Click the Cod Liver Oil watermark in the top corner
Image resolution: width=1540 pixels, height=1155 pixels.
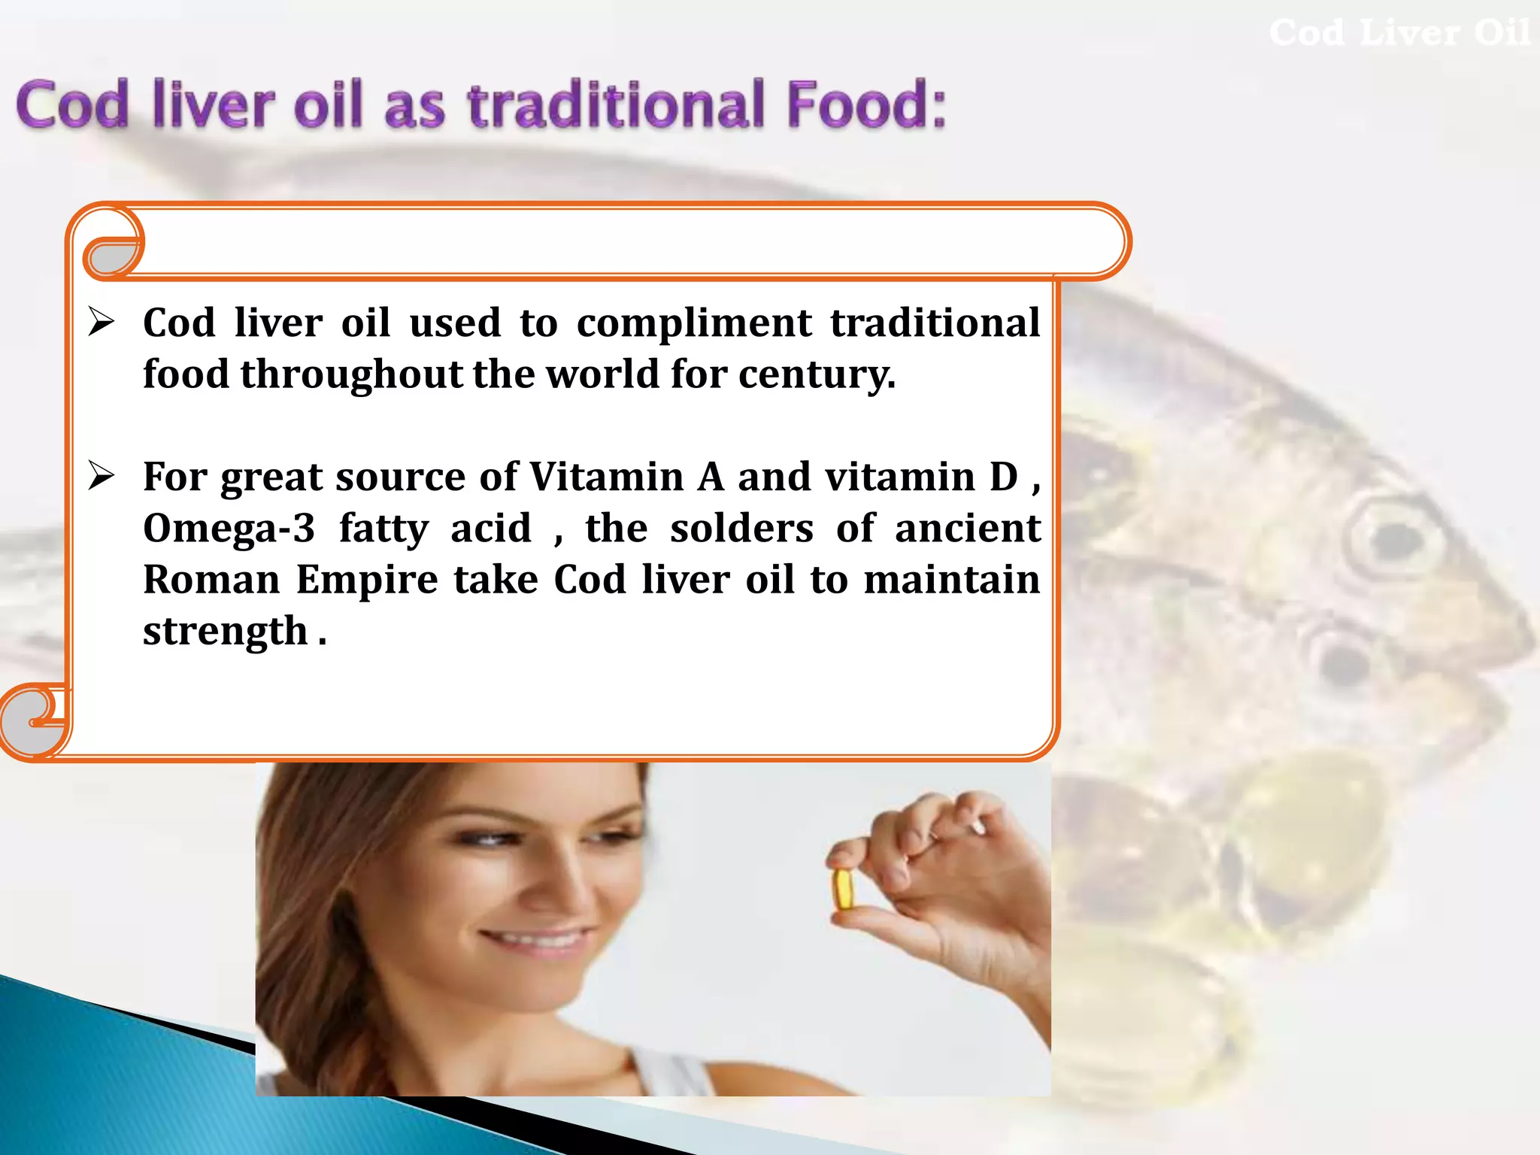tap(1399, 33)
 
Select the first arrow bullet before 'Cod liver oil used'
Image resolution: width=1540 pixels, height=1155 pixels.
tap(101, 322)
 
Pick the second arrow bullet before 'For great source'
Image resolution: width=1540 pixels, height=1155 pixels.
tap(101, 476)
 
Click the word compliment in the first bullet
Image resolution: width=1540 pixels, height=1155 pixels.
tap(694, 323)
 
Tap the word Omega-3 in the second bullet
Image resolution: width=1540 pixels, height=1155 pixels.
tap(229, 528)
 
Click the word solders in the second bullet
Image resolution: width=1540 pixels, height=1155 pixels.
tap(741, 528)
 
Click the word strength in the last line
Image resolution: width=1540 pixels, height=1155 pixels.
tap(225, 632)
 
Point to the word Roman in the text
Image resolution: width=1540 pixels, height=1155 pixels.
tap(211, 580)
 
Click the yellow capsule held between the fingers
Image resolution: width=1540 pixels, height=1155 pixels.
tap(844, 889)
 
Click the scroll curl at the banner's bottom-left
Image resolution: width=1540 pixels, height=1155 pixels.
tap(34, 720)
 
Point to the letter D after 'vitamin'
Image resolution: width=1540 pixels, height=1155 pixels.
tap(1003, 477)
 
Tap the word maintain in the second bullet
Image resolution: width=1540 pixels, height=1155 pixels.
tap(951, 580)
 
